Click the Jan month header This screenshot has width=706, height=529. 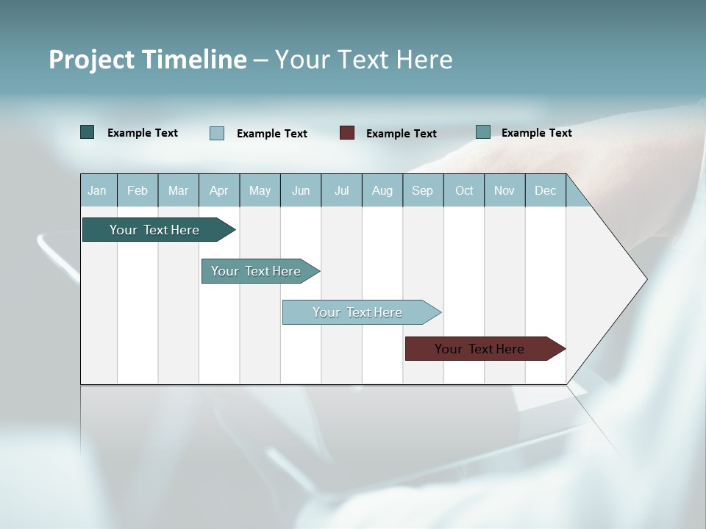97,190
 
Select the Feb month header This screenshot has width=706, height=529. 138,190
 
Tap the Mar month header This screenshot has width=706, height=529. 178,190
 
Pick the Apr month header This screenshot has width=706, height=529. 218,190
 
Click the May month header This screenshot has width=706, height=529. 260,190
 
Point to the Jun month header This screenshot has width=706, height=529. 301,190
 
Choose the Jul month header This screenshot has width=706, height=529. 341,190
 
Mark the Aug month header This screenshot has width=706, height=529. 382,190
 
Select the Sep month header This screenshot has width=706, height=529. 422,190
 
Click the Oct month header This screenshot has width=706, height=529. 464,190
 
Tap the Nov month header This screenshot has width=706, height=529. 504,190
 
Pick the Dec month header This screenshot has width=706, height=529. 545,190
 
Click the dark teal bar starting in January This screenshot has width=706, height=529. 154,230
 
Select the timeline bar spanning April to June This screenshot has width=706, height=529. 256,271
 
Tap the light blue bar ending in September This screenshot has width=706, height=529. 357,312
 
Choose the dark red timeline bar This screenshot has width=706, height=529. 479,349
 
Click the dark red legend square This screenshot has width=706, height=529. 347,133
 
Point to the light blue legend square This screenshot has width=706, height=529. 217,133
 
